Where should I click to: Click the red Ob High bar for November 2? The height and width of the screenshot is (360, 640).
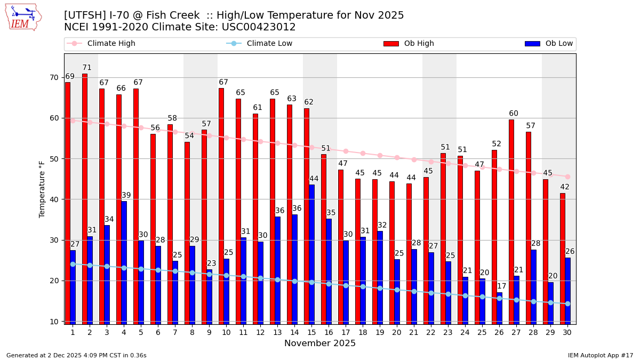(85, 197)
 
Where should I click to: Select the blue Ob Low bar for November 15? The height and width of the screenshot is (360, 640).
(312, 253)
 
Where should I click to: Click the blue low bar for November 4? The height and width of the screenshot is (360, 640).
(124, 261)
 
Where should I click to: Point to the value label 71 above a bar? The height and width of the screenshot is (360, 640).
(87, 68)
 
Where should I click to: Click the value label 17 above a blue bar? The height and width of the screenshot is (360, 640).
(502, 286)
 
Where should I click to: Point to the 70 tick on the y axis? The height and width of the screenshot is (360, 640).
(54, 77)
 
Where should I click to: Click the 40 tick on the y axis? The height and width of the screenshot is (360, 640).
(54, 199)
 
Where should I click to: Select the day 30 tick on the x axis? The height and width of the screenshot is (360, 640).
(567, 332)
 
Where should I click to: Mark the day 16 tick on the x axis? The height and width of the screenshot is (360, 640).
(329, 332)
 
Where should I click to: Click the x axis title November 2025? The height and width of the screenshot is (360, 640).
(320, 343)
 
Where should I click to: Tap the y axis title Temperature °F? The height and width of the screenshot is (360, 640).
(42, 189)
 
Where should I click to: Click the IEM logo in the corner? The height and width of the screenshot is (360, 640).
(23, 17)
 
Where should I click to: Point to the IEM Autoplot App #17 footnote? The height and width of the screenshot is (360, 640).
(600, 355)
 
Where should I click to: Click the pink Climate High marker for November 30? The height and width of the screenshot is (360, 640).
(567, 177)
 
